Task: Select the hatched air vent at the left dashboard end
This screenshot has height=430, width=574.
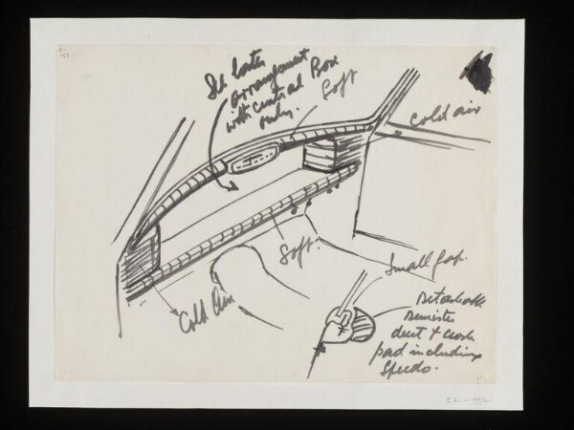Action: tap(140, 260)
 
